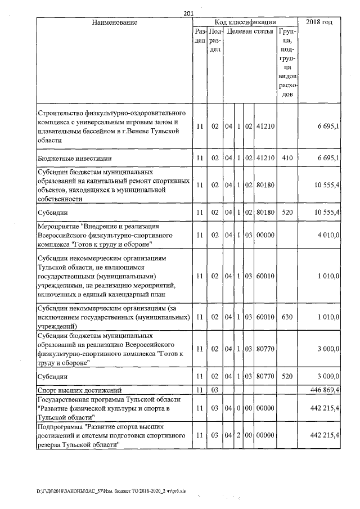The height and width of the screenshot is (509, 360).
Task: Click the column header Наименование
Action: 115,22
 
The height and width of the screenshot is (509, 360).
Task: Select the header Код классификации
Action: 247,22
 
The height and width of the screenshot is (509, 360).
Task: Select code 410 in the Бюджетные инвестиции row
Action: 287,159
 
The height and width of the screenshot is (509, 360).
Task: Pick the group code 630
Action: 287,317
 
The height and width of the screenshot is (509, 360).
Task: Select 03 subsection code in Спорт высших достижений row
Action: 214,389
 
